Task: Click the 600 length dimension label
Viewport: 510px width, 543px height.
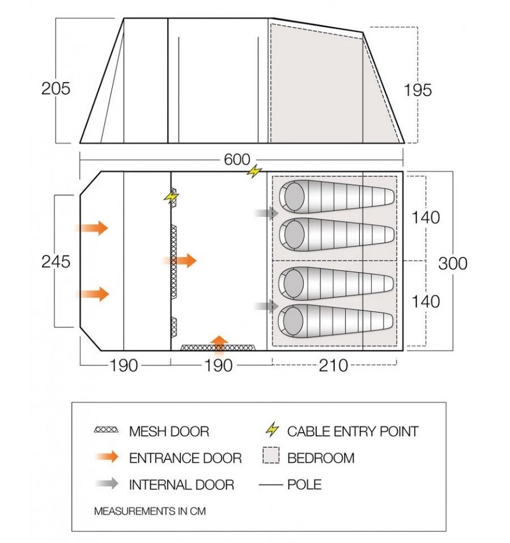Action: point(236,160)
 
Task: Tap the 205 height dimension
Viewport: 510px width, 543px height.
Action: point(56,88)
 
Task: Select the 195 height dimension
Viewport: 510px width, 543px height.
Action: point(418,89)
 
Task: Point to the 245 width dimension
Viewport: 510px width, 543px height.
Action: point(56,262)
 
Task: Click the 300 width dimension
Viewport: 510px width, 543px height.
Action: point(453,263)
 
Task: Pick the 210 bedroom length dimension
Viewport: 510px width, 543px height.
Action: point(333,366)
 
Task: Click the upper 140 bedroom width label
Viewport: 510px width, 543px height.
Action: point(426,217)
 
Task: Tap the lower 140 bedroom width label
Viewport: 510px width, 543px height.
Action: point(426,301)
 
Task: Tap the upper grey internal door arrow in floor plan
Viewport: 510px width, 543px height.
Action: point(266,213)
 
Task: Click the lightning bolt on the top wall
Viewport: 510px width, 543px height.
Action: point(254,171)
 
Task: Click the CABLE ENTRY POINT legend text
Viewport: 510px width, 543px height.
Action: point(352,431)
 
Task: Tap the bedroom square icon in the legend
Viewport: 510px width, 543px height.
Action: point(271,458)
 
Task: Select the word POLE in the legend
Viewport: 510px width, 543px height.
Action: point(304,484)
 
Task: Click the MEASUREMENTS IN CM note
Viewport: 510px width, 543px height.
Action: point(150,511)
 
